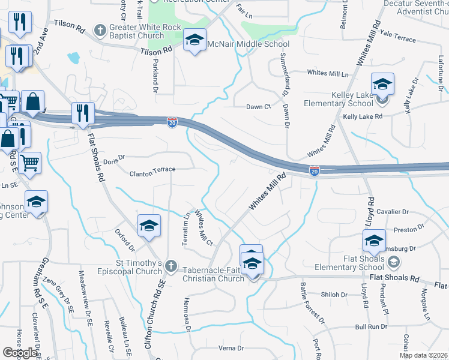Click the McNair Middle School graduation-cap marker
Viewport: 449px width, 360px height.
tap(194, 40)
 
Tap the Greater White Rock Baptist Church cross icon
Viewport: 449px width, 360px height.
tap(100, 29)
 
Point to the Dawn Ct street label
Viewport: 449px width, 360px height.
tap(259, 107)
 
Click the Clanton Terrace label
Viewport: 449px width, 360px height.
tap(152, 170)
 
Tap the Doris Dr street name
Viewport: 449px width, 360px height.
tap(113, 158)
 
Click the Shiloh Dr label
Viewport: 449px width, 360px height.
tap(335, 295)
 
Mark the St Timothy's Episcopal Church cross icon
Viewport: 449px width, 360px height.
tap(171, 265)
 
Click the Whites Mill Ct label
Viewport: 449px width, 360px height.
tap(204, 229)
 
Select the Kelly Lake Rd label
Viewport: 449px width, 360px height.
tap(363, 116)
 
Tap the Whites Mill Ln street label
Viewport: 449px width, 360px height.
tap(328, 73)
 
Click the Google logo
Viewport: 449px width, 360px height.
tap(20, 353)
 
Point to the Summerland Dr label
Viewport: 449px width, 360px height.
tap(283, 73)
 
